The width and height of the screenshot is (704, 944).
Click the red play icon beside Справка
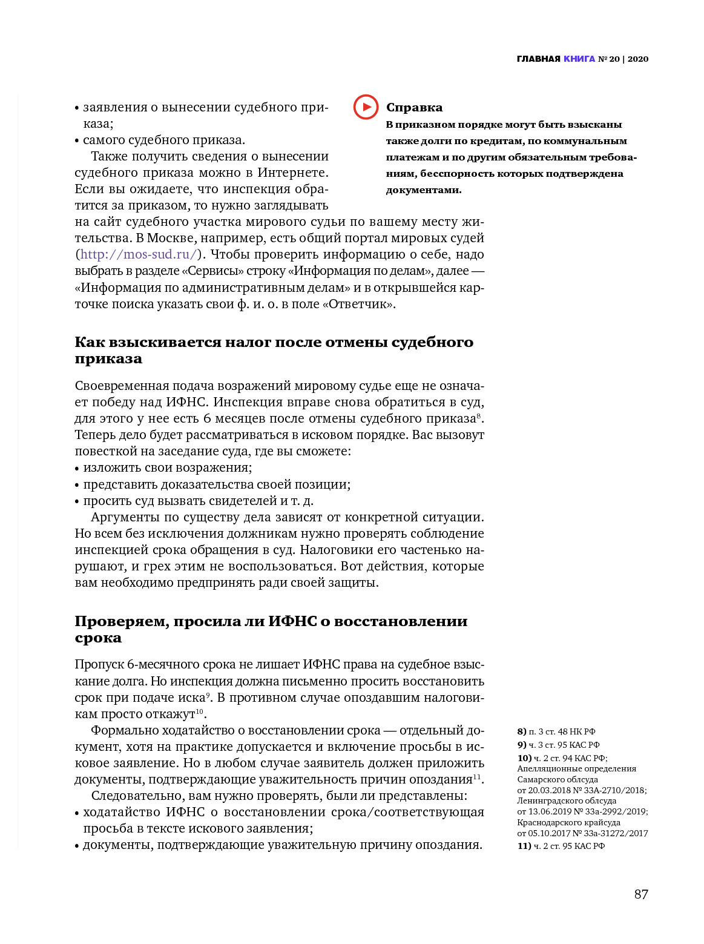pos(366,107)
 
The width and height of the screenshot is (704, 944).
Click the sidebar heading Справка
pos(414,108)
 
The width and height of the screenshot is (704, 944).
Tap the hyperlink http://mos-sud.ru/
pos(139,255)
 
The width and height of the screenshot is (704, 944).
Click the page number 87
pos(641,894)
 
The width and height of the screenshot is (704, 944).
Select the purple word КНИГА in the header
pos(579,59)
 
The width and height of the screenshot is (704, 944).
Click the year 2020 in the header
pos(638,59)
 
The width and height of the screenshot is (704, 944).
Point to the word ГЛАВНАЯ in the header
pos(539,59)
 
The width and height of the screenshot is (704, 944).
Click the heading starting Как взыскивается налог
pos(274,351)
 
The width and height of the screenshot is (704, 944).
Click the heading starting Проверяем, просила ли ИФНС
pos(271,630)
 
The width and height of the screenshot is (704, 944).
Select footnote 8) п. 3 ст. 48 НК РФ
pos(556,731)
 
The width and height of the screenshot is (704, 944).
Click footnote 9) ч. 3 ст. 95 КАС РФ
pos(558,745)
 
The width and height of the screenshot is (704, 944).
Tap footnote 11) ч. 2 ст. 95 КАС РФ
pos(561,846)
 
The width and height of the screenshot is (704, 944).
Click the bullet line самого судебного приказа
pos(164,140)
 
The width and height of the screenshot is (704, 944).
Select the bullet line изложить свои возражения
pos(167,468)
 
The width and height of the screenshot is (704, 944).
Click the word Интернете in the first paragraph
pos(293,173)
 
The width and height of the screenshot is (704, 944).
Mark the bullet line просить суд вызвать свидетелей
pos(198,501)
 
